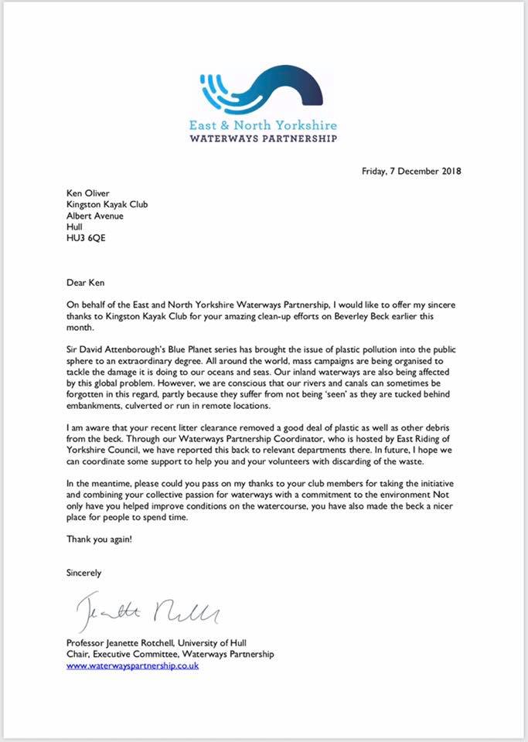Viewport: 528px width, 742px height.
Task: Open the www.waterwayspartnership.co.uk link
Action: [132, 665]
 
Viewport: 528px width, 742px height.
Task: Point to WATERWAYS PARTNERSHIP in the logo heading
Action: [263, 138]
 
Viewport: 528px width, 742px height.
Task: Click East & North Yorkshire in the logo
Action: [263, 124]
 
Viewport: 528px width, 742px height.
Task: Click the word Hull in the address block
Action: [75, 227]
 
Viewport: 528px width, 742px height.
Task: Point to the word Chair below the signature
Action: [78, 654]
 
